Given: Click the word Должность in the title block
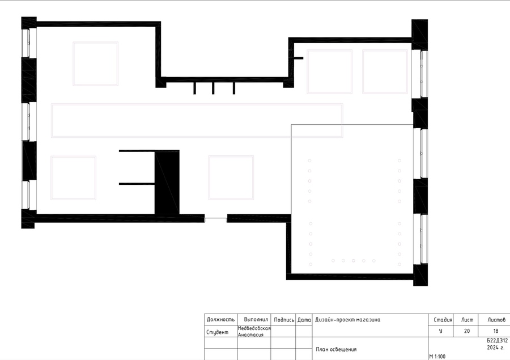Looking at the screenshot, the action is (220, 320).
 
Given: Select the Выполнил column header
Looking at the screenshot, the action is (256, 320).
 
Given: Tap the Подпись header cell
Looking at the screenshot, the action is (284, 320).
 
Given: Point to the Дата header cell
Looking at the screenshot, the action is (304, 320).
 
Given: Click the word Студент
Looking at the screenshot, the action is (217, 332).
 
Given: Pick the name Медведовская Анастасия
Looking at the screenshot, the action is (254, 331).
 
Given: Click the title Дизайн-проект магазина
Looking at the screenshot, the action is (347, 320).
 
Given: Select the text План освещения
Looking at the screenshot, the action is (336, 349).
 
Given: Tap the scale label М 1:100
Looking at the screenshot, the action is (437, 357).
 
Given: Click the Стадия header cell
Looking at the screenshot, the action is (443, 320).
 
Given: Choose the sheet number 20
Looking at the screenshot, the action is (467, 331).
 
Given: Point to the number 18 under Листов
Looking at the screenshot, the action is (496, 331).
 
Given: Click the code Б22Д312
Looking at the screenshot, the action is (497, 341).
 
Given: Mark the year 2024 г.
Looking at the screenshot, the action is (496, 348).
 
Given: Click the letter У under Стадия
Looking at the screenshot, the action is (440, 331).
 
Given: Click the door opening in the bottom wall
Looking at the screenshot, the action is (216, 218).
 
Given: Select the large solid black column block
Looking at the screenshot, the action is (167, 183).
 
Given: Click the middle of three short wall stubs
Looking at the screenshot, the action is (213, 88).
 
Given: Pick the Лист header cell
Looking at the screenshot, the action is (467, 320).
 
